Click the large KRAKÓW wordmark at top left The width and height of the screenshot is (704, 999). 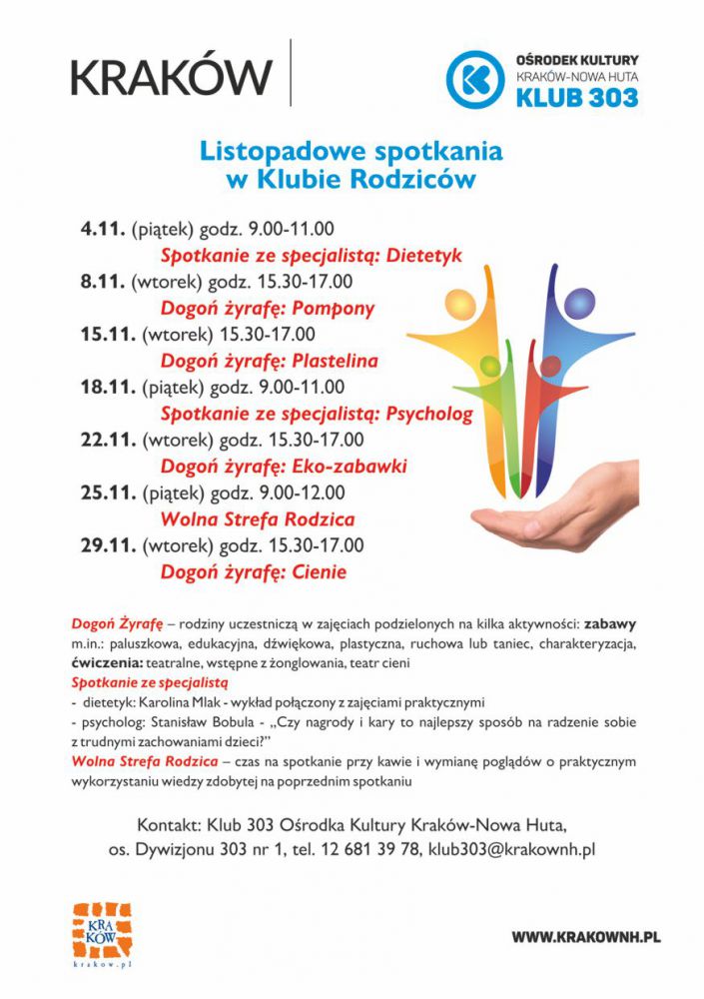coord(171,76)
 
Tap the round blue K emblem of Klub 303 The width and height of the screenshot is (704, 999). coord(474,79)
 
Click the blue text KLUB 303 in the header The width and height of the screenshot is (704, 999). coord(577,97)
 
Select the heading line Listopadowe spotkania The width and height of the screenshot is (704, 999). coord(352,153)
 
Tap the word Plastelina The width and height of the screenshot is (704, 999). coord(335,361)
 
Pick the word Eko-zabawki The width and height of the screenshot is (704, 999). coord(349,467)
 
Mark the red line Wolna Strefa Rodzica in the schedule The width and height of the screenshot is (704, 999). coord(258,519)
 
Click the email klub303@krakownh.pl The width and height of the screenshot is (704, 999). coord(511,849)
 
